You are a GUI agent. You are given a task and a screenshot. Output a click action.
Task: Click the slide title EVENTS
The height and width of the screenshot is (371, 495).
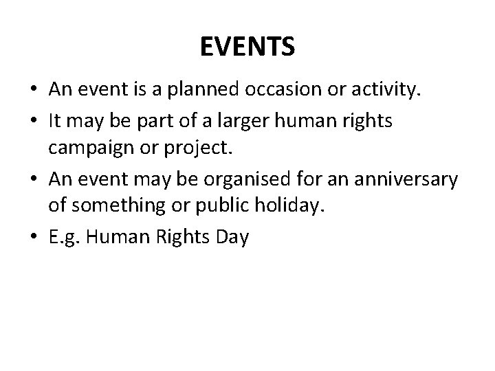[x=247, y=47]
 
